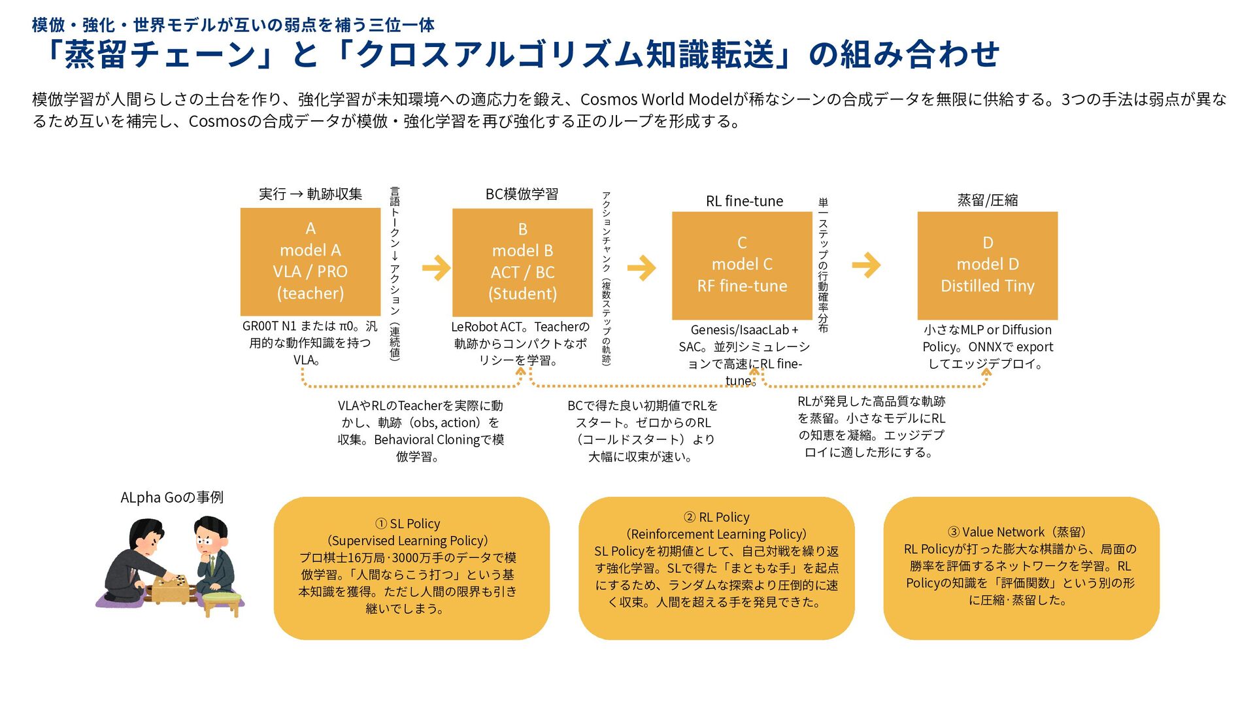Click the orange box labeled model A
tap(310, 261)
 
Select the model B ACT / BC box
tap(522, 262)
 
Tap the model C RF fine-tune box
tap(742, 265)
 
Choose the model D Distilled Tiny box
tap(987, 265)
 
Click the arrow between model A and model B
tap(436, 267)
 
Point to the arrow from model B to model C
tap(641, 267)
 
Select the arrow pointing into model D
tap(867, 265)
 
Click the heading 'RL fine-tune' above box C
tap(744, 201)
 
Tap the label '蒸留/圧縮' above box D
tap(987, 200)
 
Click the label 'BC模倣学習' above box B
tap(522, 194)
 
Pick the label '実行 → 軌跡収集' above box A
tap(310, 194)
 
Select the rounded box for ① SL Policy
tap(411, 567)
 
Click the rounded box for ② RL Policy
tap(716, 567)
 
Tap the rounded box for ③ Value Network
tap(1021, 567)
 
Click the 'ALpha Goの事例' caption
tap(172, 497)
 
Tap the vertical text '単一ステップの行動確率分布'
tap(823, 265)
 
